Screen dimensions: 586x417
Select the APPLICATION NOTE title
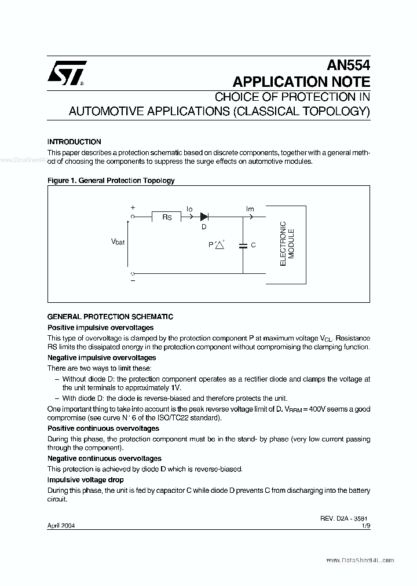click(301, 82)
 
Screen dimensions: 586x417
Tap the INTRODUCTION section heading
click(74, 142)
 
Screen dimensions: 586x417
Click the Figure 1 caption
click(111, 181)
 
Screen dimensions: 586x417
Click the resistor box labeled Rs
click(167, 217)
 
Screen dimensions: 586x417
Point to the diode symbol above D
click(204, 217)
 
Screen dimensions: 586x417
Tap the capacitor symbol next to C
click(243, 246)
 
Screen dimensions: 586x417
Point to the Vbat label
click(118, 241)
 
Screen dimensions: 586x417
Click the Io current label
click(189, 208)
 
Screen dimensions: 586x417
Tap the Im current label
click(250, 208)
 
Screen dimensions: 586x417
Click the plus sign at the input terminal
click(133, 208)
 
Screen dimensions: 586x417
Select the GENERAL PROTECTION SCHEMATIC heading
click(109, 317)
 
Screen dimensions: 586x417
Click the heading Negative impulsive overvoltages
click(101, 358)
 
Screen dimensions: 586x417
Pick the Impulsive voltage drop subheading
click(85, 480)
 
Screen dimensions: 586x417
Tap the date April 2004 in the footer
click(61, 526)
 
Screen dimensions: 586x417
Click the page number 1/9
click(365, 526)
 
